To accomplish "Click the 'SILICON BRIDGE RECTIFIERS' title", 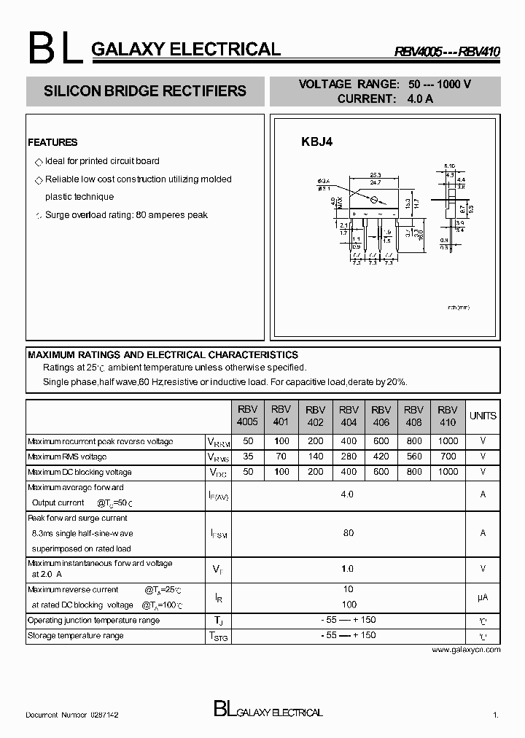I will (x=145, y=91).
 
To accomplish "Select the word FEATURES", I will (x=52, y=142).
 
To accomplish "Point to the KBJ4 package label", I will (x=317, y=143).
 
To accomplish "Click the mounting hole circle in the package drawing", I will (x=374, y=199).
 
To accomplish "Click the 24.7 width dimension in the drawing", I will (x=376, y=183).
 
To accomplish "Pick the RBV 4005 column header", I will (x=247, y=416).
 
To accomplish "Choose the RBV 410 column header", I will (x=448, y=416).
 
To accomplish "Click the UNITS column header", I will (x=483, y=416).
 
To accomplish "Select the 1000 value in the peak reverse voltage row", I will (x=448, y=441).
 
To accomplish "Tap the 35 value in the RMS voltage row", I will (x=247, y=457).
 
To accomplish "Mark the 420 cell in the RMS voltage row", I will (x=381, y=457).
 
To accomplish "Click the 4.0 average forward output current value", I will (x=347, y=494).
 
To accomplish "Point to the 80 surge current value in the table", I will (x=348, y=533).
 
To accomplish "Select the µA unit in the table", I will (x=483, y=597).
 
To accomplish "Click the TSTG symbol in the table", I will (x=219, y=636).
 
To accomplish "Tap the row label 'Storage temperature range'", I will (x=75, y=635).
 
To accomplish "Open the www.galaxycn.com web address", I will (x=466, y=649).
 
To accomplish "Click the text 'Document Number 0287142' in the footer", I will (x=72, y=716).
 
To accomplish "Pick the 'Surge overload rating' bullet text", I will (x=126, y=215).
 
